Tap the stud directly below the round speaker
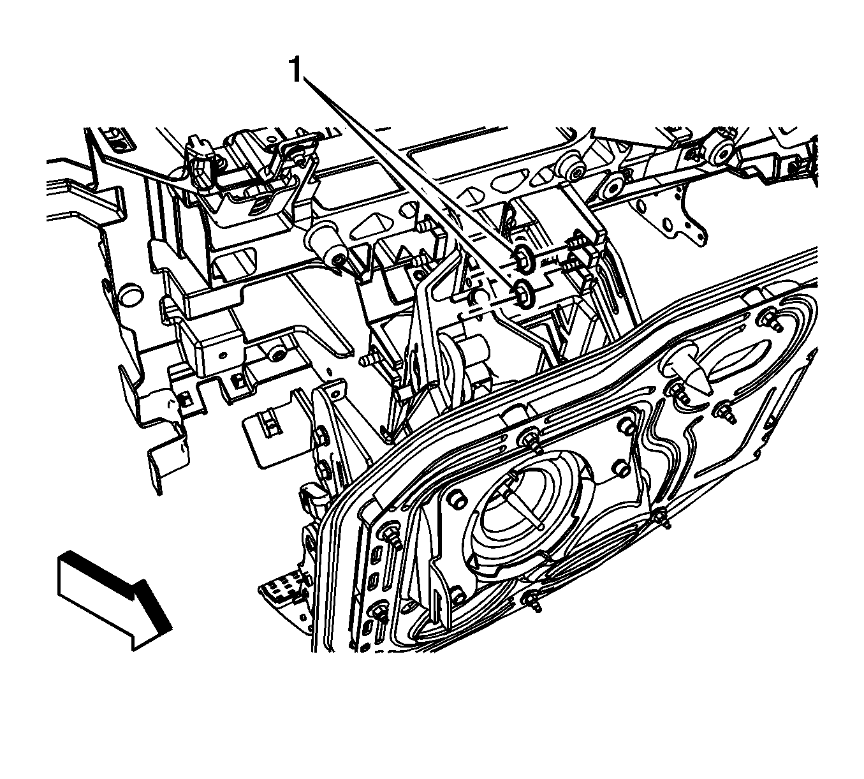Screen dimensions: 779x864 coord(534,602)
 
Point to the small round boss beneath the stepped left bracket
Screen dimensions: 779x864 coord(277,353)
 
